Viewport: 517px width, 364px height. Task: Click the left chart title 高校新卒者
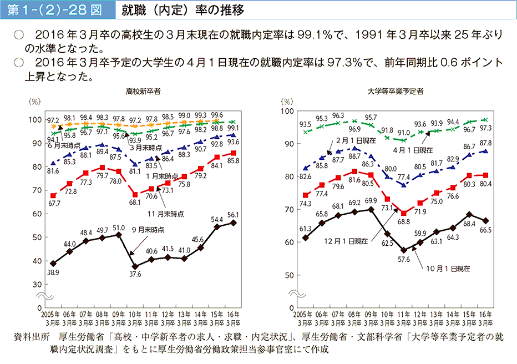point(143,91)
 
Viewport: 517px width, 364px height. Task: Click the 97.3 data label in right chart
point(487,128)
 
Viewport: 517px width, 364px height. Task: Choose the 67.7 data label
point(54,204)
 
